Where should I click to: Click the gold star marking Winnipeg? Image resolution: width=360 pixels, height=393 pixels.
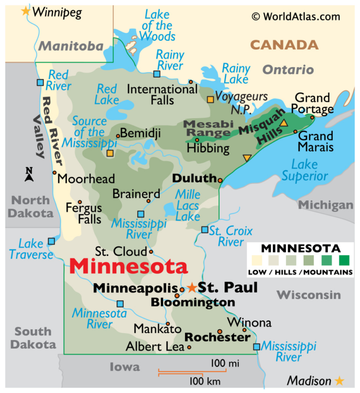(x=25, y=11)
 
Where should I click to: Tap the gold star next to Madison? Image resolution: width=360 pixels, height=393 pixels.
(x=339, y=381)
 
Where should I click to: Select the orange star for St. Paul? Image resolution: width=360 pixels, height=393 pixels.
(x=192, y=287)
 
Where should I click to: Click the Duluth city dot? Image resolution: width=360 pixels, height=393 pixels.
(x=220, y=180)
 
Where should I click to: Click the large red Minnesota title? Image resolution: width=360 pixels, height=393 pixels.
(x=129, y=266)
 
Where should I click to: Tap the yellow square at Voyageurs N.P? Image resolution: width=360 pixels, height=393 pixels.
(x=210, y=99)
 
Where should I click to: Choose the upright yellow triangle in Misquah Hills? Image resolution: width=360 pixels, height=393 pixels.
(x=284, y=123)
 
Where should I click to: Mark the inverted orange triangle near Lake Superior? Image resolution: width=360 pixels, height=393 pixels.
(x=247, y=158)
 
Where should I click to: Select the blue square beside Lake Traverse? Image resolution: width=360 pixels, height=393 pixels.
(x=51, y=241)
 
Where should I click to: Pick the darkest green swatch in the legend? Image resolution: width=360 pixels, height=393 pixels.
(x=344, y=260)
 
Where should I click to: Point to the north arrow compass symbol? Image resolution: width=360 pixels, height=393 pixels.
(x=29, y=174)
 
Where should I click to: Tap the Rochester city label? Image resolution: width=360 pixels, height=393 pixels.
(x=217, y=338)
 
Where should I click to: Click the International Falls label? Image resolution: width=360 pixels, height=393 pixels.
(x=155, y=94)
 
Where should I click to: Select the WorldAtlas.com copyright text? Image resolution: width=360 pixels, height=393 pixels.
(x=296, y=16)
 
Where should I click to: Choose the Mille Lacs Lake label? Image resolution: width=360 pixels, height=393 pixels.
(x=188, y=205)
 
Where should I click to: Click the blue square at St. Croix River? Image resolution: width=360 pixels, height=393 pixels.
(x=205, y=230)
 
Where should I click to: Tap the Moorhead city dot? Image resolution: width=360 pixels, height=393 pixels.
(x=54, y=173)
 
